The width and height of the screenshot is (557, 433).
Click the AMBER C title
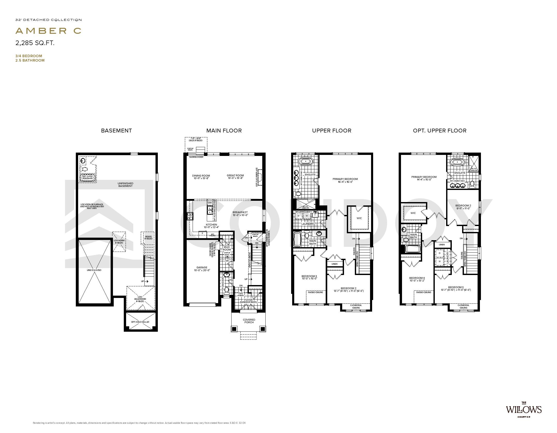(48, 31)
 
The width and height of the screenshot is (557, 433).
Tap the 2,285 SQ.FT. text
(35, 43)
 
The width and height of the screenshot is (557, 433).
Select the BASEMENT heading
(116, 131)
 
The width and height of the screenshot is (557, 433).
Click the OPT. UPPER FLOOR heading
(439, 131)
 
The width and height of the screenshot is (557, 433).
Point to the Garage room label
(202, 269)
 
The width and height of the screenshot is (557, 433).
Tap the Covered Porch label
(249, 321)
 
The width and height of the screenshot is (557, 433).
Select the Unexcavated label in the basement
(94, 270)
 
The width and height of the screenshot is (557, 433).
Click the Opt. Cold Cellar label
(140, 322)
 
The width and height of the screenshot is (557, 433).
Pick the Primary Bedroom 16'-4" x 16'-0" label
(345, 180)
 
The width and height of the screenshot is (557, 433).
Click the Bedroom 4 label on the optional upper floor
(417, 279)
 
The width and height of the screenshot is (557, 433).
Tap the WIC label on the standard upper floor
(359, 218)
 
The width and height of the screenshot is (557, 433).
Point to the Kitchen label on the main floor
(211, 226)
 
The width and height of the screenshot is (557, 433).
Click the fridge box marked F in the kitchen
(202, 233)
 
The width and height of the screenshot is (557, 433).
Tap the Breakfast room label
(240, 213)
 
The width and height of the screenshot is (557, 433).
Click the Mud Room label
(227, 248)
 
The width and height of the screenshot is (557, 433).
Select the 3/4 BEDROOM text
(29, 56)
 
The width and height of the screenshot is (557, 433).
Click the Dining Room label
(201, 177)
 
